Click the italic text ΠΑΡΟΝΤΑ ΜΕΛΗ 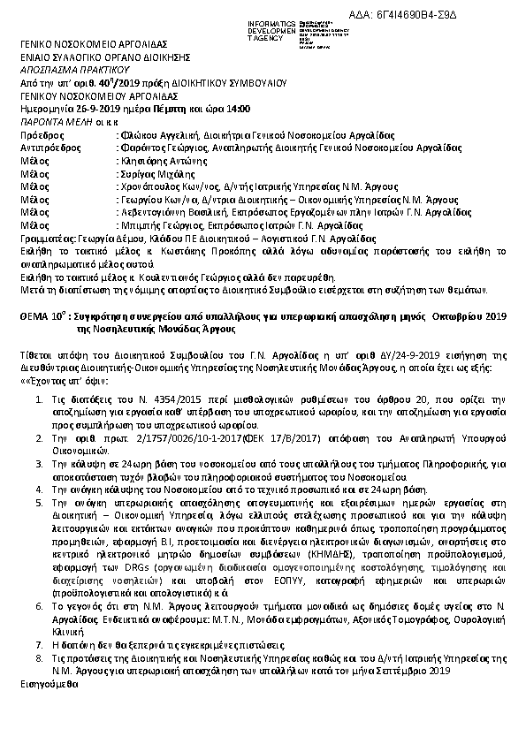57,122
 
